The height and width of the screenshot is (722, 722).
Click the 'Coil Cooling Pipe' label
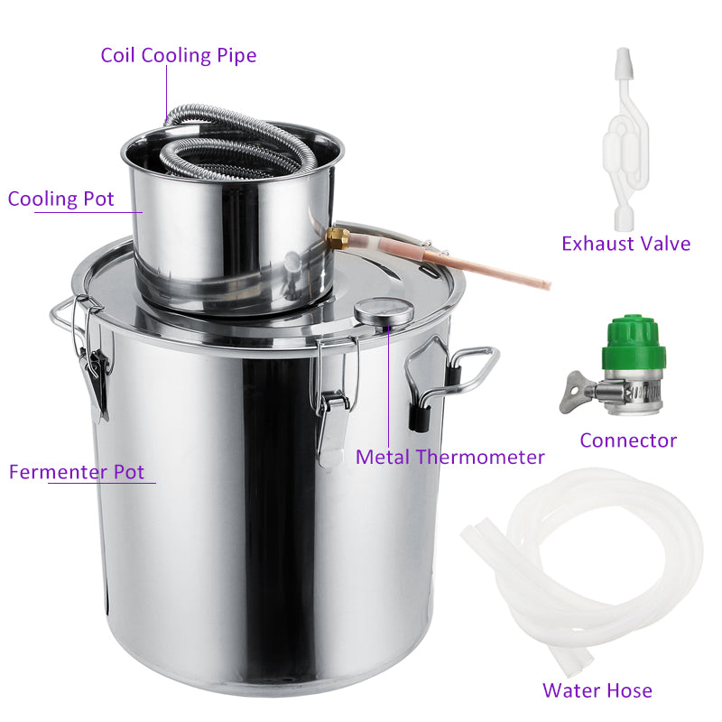pyautogui.click(x=178, y=55)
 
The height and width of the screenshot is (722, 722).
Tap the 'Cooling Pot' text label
pyautogui.click(x=61, y=199)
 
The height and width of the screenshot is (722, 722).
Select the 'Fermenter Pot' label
pyautogui.click(x=77, y=472)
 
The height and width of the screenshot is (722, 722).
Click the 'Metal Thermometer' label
pyautogui.click(x=449, y=457)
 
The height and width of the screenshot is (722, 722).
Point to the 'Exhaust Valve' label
pyautogui.click(x=625, y=243)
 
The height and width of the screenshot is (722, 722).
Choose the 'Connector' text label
pyautogui.click(x=628, y=440)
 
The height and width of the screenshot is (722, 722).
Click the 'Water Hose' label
pyautogui.click(x=597, y=690)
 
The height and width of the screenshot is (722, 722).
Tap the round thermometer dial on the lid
pyautogui.click(x=384, y=311)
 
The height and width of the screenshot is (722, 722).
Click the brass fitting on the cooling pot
pyautogui.click(x=338, y=239)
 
